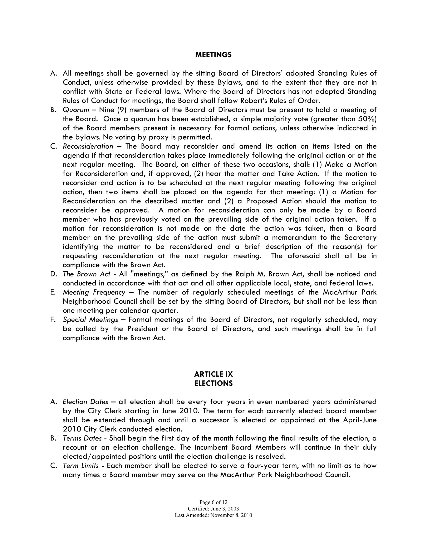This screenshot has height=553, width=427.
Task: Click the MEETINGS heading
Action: [213, 55]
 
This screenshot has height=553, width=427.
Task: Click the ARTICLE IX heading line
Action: [213, 374]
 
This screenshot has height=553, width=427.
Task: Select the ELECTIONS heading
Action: [213, 383]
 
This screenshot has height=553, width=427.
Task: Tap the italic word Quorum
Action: [76, 110]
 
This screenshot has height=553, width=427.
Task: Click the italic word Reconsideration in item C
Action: [88, 146]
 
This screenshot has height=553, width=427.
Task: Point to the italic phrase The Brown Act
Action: [87, 274]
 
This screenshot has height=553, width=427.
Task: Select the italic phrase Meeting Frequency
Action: [94, 292]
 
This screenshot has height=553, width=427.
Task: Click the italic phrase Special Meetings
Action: [90, 319]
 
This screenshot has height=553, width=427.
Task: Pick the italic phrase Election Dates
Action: [85, 402]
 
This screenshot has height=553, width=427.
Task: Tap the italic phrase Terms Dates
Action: [82, 438]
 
